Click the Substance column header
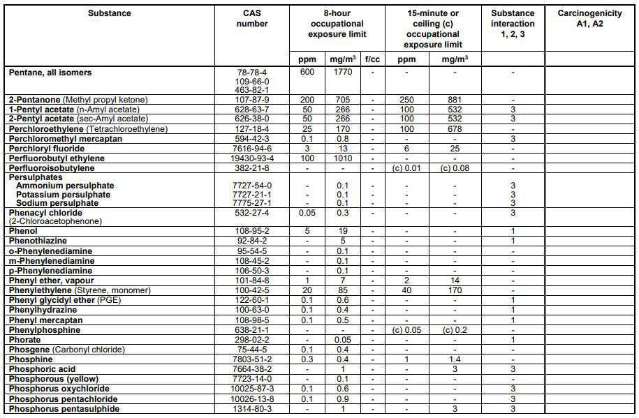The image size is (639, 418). coord(110,13)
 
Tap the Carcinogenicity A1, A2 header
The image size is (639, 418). coord(591,18)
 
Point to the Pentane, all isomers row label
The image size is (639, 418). coord(50,73)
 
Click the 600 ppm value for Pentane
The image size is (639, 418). coord(307,73)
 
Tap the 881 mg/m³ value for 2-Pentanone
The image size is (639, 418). coord(455,100)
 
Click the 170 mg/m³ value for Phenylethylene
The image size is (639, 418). coord(455,290)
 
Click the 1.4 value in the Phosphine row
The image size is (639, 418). coord(455,359)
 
